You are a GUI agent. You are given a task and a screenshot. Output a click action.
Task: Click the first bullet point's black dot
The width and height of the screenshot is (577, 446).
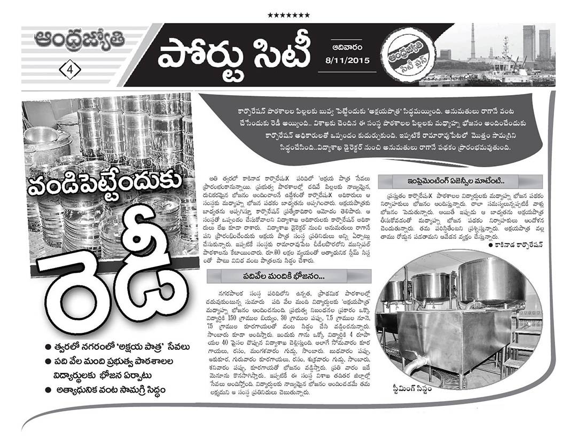[49, 347]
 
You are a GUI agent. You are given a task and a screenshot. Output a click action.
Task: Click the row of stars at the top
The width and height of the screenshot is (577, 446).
[288, 15]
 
